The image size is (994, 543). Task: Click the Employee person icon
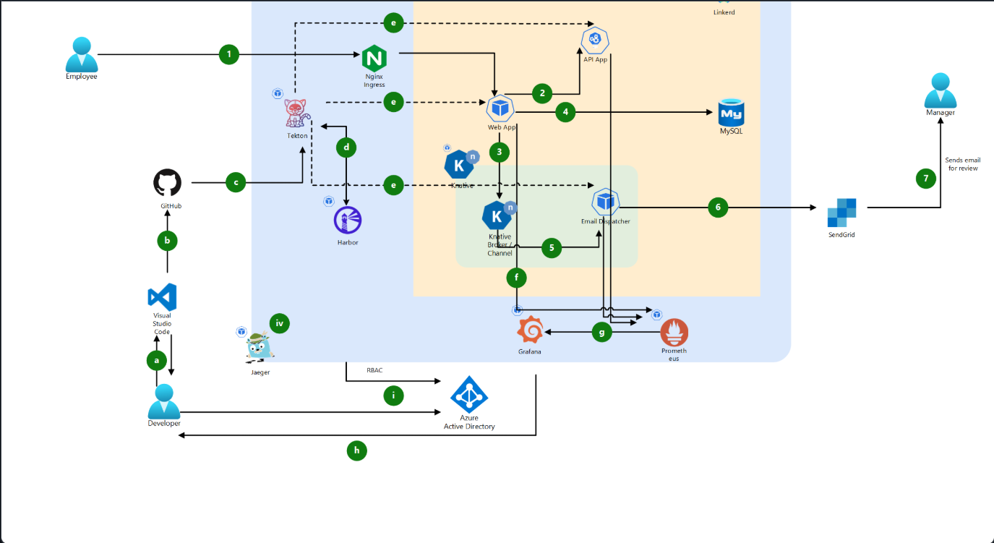[x=81, y=54]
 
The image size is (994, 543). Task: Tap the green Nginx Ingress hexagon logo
[x=374, y=56]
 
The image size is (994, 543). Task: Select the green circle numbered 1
[x=229, y=54]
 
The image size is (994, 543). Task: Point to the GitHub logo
[x=168, y=183]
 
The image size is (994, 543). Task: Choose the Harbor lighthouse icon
[x=347, y=220]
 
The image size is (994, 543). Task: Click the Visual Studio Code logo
[x=162, y=297]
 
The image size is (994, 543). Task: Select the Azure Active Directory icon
[x=469, y=394]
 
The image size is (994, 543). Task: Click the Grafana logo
[x=530, y=331]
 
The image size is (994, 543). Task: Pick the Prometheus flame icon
[x=674, y=332]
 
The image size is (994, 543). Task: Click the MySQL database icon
[x=731, y=111]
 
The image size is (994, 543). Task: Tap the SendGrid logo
[x=842, y=213]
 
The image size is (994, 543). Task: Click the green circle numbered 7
[x=926, y=179]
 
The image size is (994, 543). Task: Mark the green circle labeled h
[x=356, y=450]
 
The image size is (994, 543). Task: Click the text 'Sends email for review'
[x=963, y=164]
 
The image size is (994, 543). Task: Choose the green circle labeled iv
[x=279, y=323]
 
